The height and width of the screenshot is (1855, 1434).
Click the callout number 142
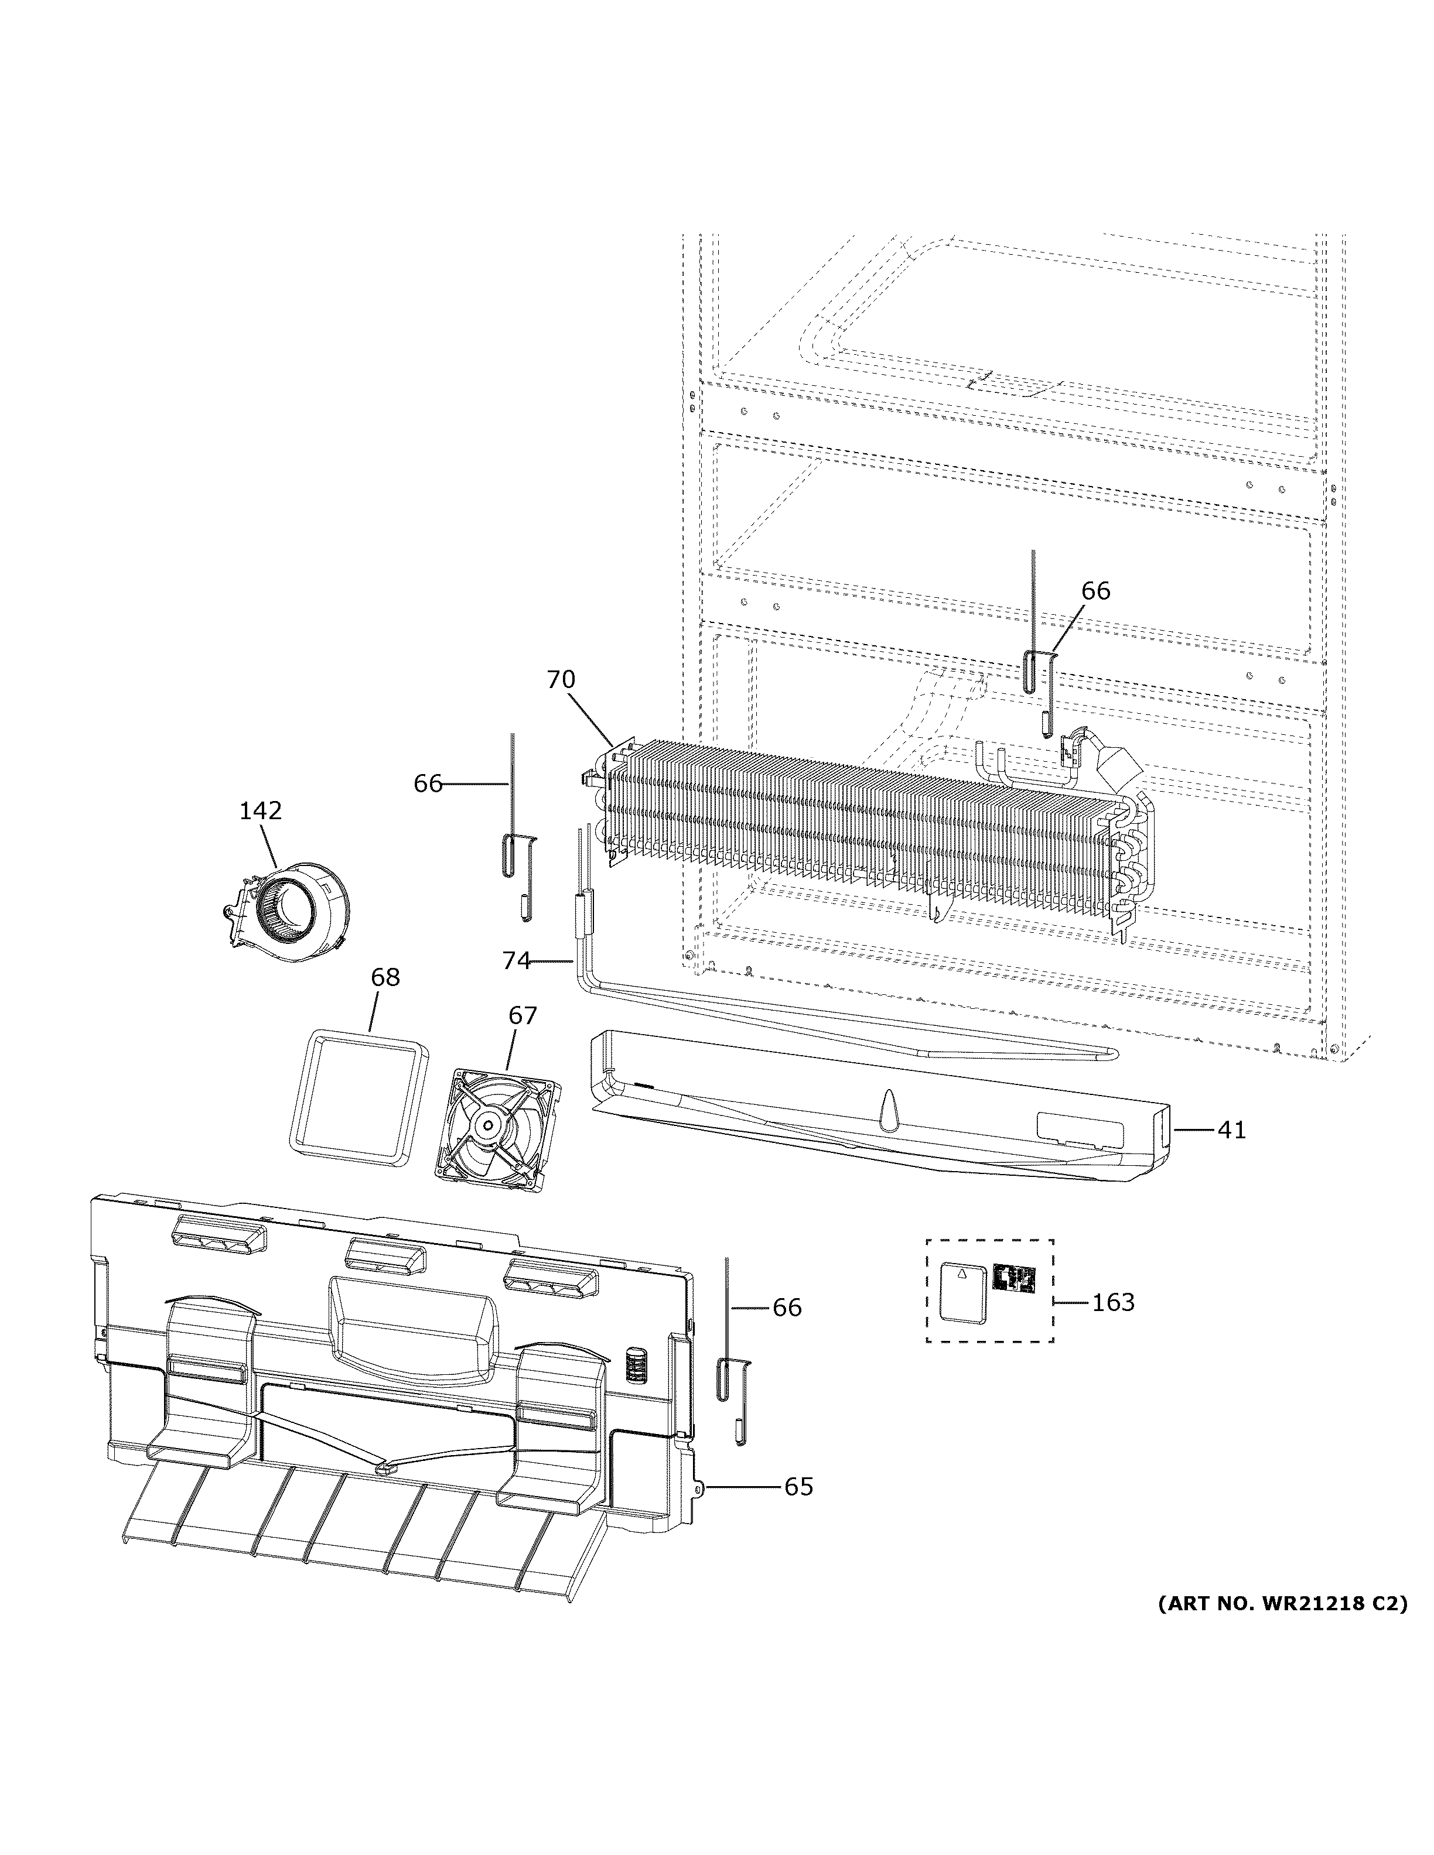[x=260, y=811]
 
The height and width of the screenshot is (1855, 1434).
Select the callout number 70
[x=560, y=679]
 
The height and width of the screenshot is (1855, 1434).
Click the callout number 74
[x=515, y=961]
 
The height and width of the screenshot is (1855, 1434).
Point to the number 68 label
[x=385, y=978]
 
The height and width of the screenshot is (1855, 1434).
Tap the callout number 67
[x=523, y=1016]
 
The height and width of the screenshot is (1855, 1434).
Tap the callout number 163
[x=1113, y=1302]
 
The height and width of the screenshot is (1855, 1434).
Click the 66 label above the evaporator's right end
[x=1096, y=590]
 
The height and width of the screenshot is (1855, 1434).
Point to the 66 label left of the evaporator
[x=428, y=784]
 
